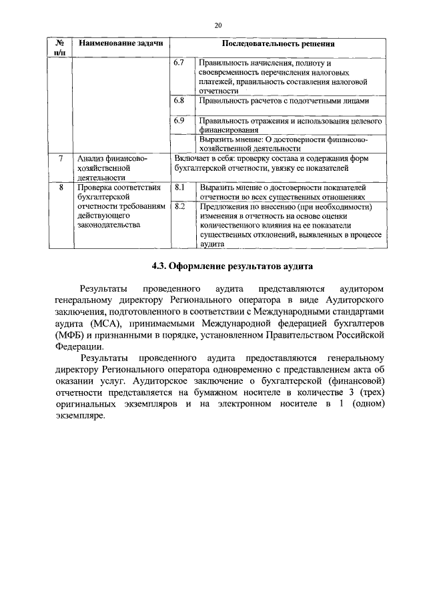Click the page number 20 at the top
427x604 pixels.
(218, 25)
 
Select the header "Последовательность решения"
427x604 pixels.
(278, 43)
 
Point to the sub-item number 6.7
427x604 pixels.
(178, 62)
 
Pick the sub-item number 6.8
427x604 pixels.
(178, 100)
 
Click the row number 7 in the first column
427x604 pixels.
(60, 159)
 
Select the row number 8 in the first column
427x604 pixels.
(60, 188)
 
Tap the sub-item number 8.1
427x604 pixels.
(178, 188)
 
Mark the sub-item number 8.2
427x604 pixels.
(178, 207)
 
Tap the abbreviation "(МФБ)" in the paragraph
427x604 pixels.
(72, 335)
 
